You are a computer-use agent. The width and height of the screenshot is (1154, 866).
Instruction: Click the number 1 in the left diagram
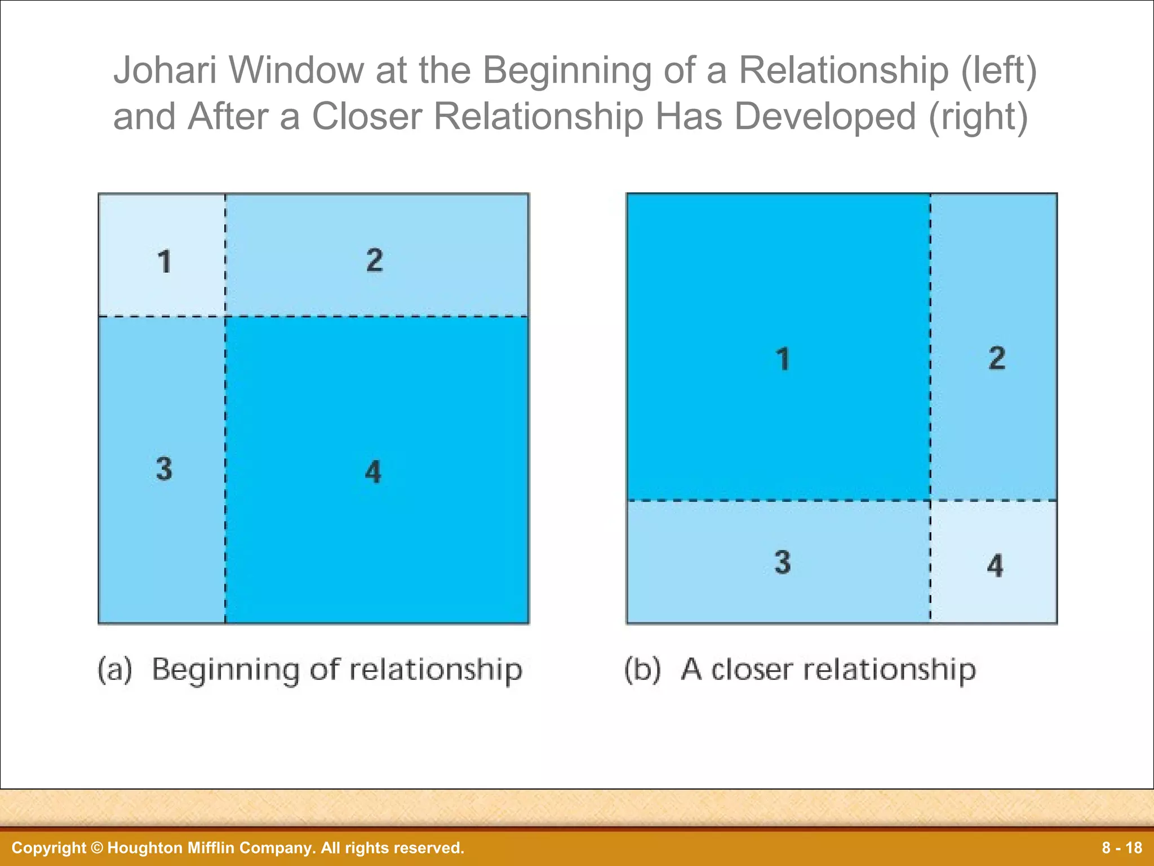point(164,262)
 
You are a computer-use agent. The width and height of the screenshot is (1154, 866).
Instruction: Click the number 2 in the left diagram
point(375,260)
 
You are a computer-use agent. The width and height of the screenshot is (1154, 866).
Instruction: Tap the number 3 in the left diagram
point(164,469)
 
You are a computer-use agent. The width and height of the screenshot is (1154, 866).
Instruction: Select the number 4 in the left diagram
point(373,472)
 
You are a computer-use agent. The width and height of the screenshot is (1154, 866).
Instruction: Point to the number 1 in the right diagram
point(783,360)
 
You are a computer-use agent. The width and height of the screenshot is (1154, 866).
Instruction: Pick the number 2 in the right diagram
point(997,359)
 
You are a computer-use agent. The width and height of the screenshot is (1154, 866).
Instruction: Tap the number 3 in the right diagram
point(783,563)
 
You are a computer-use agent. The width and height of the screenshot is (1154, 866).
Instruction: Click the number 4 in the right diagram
point(995,566)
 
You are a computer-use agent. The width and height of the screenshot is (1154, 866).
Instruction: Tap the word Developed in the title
point(825,117)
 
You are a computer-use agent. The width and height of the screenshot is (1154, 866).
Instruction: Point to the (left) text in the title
point(999,72)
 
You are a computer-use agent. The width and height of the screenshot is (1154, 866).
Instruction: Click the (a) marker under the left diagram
point(115,670)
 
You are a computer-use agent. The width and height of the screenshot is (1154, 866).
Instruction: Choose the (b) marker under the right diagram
point(642,670)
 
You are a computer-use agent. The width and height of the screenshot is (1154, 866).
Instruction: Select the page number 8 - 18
point(1122,848)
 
